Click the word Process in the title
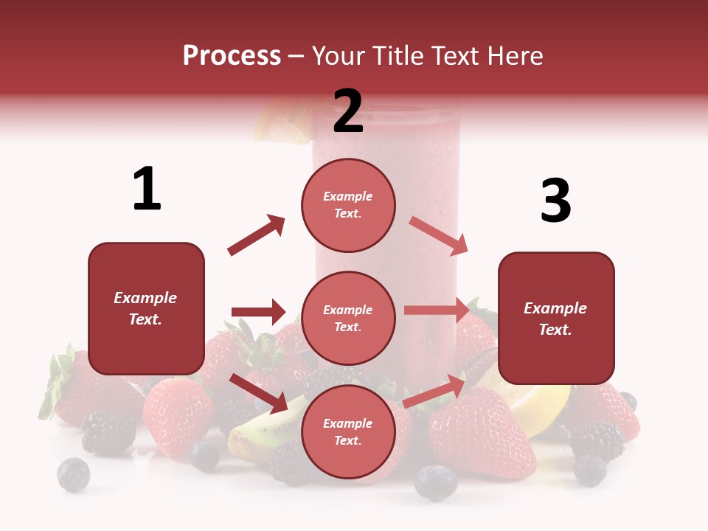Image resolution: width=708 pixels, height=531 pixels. click(232, 55)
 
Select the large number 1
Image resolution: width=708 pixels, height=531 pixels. click(147, 189)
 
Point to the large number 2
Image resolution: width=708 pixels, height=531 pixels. click(348, 111)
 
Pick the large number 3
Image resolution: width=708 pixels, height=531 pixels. click(555, 201)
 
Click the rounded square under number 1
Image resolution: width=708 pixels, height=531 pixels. click(146, 308)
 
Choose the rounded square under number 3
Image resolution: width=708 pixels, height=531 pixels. click(556, 318)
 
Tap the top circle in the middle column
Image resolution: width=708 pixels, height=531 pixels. click(348, 205)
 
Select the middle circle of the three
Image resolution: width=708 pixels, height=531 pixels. click(348, 318)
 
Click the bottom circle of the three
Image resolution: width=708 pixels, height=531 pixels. click(348, 431)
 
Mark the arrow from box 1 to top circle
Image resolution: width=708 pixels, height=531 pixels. click(256, 235)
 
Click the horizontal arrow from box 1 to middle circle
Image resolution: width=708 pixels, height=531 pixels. click(258, 312)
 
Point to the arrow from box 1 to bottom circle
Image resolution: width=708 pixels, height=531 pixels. click(258, 392)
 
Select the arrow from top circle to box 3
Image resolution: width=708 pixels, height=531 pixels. click(439, 235)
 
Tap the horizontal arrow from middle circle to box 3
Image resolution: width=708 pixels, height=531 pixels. click(437, 310)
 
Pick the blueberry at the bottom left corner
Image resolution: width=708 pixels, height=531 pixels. click(73, 474)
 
